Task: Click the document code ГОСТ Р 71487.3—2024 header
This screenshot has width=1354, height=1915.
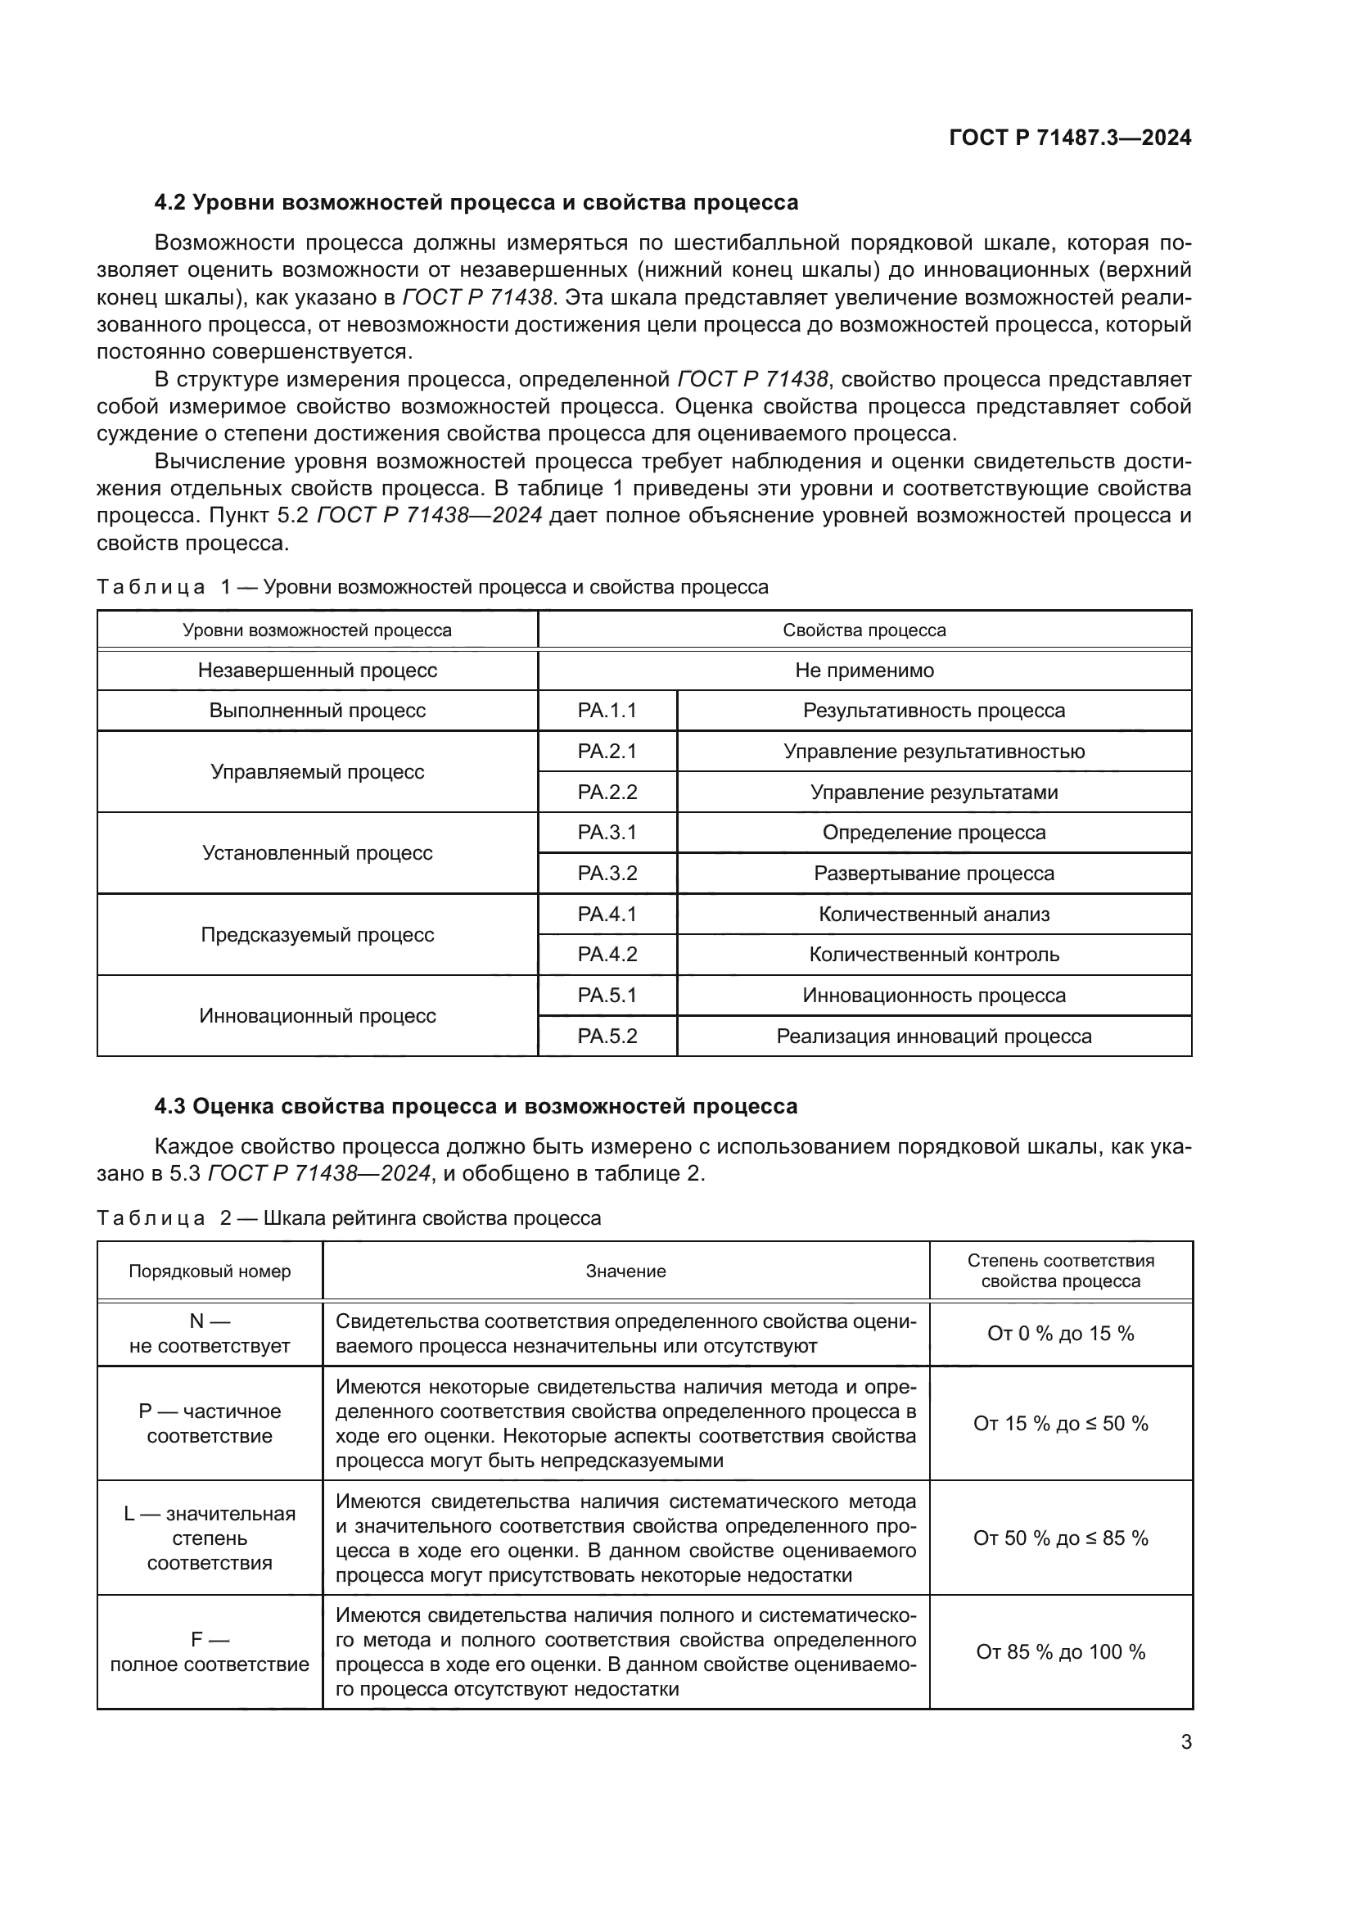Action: coord(1070,138)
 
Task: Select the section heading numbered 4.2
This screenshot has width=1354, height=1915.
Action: coord(476,203)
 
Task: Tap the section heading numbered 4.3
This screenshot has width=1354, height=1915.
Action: coord(476,1106)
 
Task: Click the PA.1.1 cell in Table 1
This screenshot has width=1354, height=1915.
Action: coord(607,711)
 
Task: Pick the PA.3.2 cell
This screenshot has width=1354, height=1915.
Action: coord(607,874)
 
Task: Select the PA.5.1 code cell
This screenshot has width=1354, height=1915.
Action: coord(607,995)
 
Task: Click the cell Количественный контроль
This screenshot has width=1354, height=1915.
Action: coord(934,954)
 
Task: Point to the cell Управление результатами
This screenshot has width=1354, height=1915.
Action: coord(934,793)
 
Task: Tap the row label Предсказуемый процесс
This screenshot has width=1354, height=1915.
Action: coord(317,934)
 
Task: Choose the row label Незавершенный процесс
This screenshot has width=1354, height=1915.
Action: coord(317,671)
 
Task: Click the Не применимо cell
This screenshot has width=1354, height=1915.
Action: coord(864,671)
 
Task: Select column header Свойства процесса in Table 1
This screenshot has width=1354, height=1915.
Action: coord(864,630)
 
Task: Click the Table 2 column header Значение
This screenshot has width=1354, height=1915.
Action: coord(625,1271)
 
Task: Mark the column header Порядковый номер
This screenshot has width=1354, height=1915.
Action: coord(210,1271)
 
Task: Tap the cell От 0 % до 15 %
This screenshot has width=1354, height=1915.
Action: coord(1060,1334)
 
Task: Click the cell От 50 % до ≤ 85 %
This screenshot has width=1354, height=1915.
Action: coord(1060,1538)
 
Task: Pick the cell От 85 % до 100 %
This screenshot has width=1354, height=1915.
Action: coord(1060,1652)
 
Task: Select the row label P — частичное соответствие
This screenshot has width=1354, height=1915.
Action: coord(210,1424)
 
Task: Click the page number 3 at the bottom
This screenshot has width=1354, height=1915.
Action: coord(1185,1741)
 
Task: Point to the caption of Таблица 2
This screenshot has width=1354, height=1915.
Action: coord(349,1217)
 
